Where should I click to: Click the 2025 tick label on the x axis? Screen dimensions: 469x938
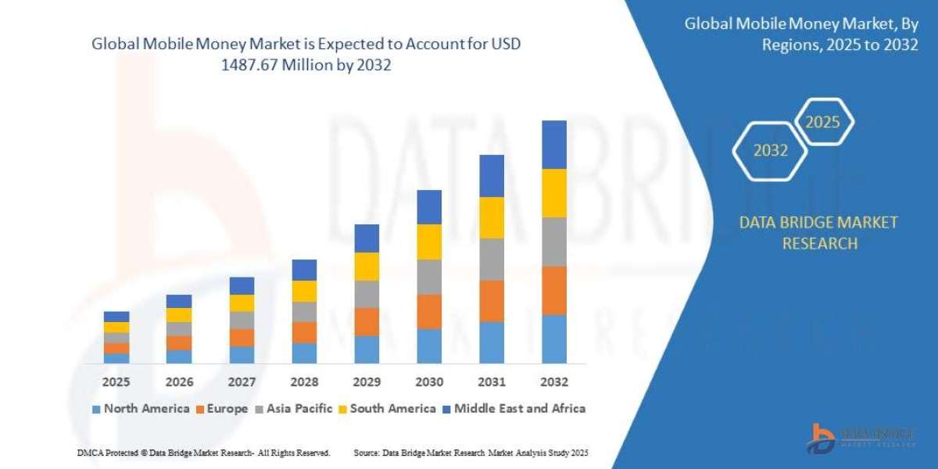(x=116, y=382)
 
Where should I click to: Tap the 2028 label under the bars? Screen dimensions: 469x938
(x=304, y=382)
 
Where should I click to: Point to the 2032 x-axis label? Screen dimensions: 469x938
(x=554, y=382)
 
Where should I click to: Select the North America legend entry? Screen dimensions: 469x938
(x=141, y=408)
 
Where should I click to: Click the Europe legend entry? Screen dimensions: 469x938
(x=222, y=408)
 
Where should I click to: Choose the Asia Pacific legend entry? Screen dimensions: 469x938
(x=294, y=408)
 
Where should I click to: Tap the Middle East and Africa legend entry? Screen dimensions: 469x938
(x=514, y=408)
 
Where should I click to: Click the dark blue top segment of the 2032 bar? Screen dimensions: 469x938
(x=554, y=145)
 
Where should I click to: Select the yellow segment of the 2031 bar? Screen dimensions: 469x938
(x=492, y=217)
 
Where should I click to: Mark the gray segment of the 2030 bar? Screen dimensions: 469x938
(x=429, y=277)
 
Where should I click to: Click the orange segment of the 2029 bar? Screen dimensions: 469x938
(x=367, y=321)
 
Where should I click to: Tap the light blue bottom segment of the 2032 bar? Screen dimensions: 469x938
(x=554, y=339)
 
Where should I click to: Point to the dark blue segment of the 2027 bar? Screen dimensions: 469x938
(x=242, y=285)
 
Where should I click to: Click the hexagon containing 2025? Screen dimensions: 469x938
(x=822, y=123)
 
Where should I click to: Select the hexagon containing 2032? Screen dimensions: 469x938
(x=770, y=151)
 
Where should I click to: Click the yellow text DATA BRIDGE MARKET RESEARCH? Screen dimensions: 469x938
(x=818, y=233)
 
